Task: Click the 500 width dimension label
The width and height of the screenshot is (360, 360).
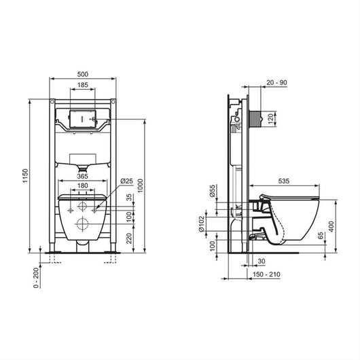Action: [83, 74]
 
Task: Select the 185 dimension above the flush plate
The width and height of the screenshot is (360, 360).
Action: [83, 85]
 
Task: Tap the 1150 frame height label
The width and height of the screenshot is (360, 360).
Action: [25, 176]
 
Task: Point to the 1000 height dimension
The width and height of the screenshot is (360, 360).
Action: [141, 185]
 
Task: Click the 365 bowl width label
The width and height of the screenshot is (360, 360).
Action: [82, 176]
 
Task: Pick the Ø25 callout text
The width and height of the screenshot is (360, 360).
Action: [126, 181]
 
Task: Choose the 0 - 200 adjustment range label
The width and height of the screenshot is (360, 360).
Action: [36, 278]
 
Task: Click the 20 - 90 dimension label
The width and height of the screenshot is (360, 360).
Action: [276, 82]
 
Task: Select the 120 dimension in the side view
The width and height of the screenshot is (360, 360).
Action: [271, 118]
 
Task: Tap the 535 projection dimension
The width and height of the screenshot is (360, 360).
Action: [284, 181]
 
